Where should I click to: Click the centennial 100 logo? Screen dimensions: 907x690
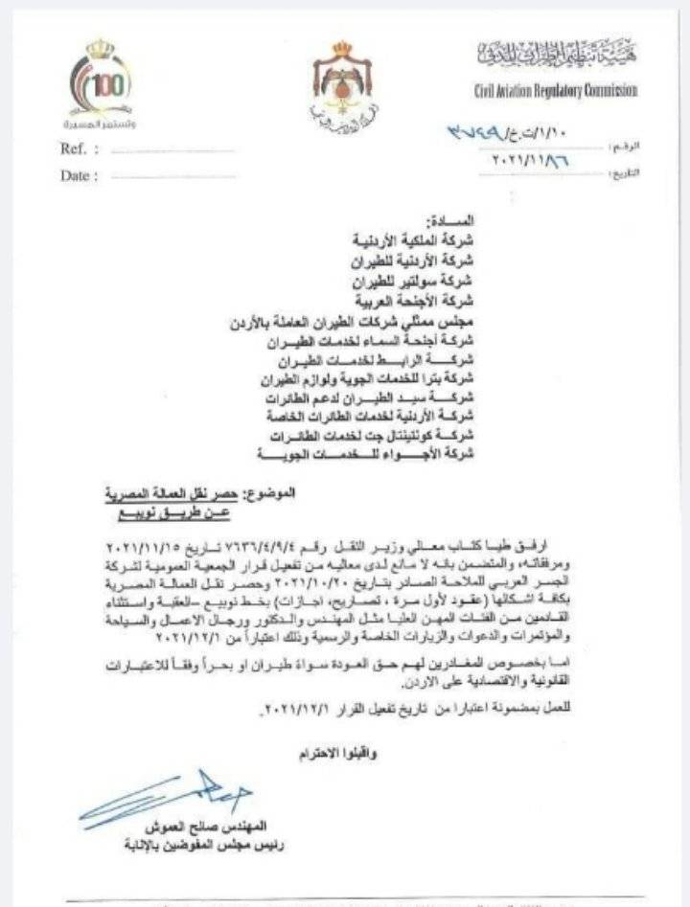[x=100, y=85]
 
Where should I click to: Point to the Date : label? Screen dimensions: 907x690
[x=80, y=176]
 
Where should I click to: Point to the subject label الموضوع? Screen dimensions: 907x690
[x=270, y=493]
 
